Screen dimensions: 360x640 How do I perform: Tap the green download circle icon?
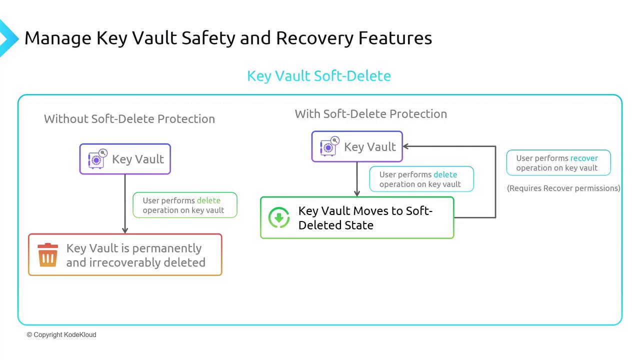tap(279, 218)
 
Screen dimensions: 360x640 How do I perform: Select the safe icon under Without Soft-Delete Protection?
tap(97, 159)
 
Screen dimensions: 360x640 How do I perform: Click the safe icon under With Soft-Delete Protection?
tap(329, 146)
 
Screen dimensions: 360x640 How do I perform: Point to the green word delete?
tap(208, 200)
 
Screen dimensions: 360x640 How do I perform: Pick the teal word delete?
tap(445, 174)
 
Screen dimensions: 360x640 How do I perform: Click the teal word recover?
tap(584, 158)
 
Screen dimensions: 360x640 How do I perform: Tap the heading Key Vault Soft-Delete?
tap(319, 76)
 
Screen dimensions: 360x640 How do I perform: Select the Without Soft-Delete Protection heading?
tap(129, 119)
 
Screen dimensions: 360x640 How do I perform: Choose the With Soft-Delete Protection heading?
tap(370, 114)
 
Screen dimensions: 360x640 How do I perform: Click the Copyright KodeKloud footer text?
tap(61, 334)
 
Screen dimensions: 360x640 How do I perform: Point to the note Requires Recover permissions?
tap(563, 188)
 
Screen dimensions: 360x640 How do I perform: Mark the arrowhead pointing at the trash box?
tap(125, 230)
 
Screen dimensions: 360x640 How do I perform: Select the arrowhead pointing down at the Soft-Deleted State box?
tap(357, 193)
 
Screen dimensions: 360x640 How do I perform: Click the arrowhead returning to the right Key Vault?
tap(406, 146)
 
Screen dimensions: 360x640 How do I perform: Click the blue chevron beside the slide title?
tap(7, 38)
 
